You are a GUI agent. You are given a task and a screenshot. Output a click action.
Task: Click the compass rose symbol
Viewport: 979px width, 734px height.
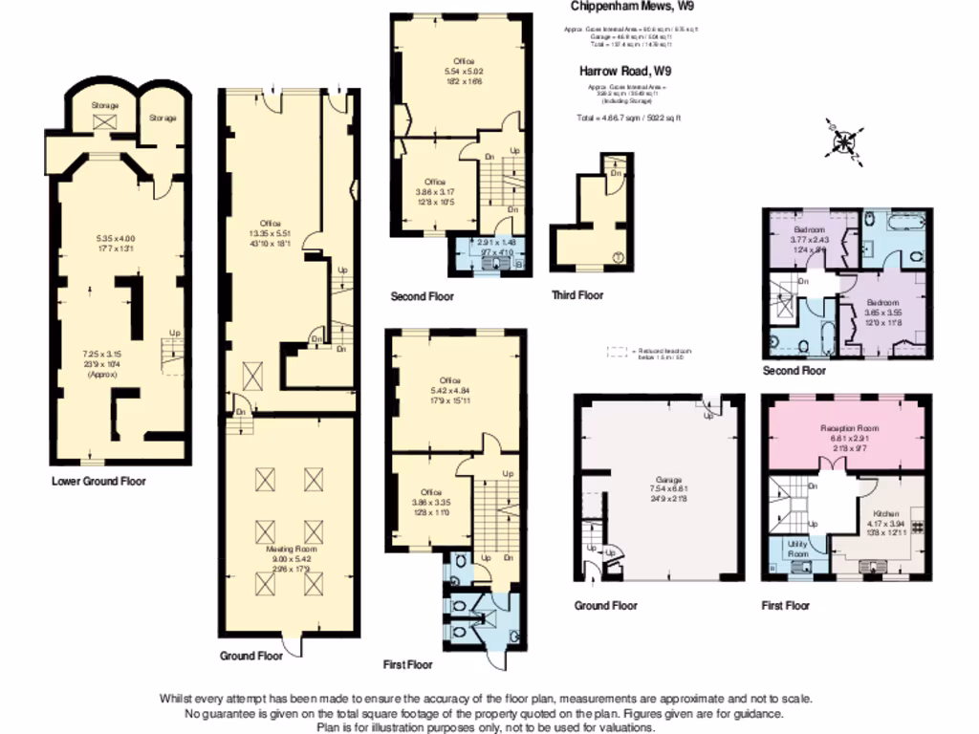click(844, 142)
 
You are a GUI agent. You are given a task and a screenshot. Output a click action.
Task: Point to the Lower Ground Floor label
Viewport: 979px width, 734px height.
click(98, 482)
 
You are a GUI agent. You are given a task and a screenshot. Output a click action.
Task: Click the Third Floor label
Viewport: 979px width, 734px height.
click(577, 295)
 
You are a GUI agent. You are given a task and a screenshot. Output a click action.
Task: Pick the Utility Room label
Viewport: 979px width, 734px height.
click(796, 549)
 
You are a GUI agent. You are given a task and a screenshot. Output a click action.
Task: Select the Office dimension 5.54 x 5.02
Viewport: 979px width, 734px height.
click(464, 72)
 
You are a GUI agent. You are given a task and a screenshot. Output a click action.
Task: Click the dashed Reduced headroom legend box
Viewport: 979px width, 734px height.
click(620, 353)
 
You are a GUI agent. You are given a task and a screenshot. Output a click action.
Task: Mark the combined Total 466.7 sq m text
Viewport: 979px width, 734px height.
click(628, 119)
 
